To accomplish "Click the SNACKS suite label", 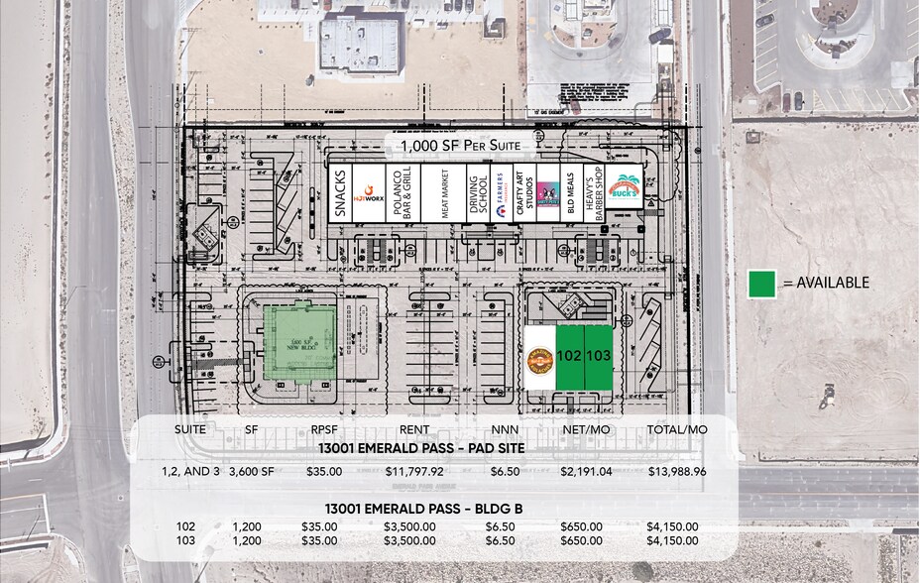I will [x=340, y=192].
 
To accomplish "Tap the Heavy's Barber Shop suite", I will [x=595, y=192].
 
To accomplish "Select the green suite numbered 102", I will [x=568, y=357].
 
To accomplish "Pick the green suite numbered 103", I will [x=598, y=357].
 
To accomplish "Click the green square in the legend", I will [x=762, y=283].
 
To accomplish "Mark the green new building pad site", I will [x=298, y=343].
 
